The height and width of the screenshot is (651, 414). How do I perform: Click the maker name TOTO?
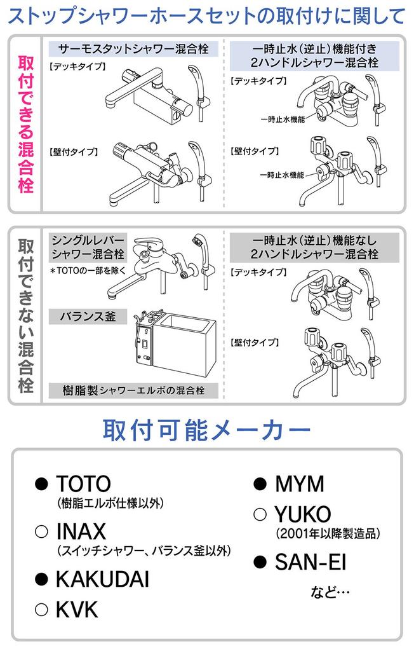(x=83, y=484)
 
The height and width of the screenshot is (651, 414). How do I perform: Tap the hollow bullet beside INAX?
(x=41, y=532)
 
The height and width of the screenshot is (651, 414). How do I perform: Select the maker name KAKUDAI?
(x=102, y=580)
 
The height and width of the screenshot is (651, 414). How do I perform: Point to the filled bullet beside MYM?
(x=260, y=484)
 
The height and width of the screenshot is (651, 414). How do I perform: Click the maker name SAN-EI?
(x=310, y=563)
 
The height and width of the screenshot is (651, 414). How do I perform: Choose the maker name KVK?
(x=77, y=610)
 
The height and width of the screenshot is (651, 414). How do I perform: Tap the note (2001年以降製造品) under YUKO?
(x=328, y=533)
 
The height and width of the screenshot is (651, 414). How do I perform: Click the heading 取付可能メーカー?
(x=206, y=430)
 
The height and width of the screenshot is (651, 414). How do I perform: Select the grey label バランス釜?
(x=88, y=317)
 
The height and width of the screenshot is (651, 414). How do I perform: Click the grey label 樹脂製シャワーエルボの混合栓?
(x=133, y=390)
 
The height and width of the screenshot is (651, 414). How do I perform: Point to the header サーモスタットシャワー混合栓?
(x=133, y=49)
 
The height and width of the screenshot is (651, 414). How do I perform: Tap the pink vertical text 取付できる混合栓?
(x=25, y=124)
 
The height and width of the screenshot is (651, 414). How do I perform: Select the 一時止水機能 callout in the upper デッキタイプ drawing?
(x=283, y=120)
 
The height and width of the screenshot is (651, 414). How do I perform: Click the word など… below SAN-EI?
(x=330, y=592)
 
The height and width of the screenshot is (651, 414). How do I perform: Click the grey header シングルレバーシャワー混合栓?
(x=88, y=247)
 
